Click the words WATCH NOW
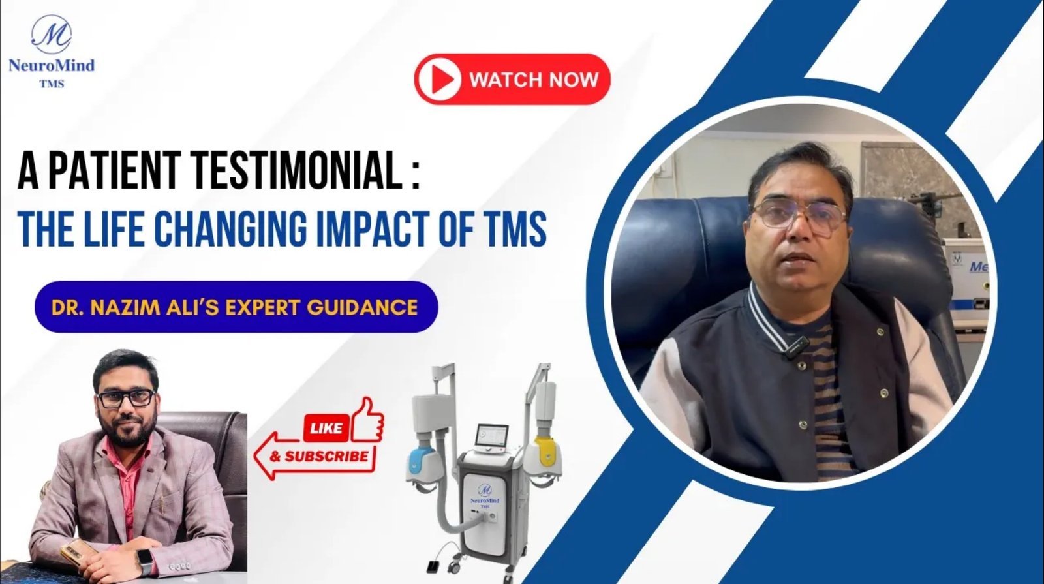(x=534, y=80)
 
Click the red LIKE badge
(x=326, y=427)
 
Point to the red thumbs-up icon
(x=368, y=420)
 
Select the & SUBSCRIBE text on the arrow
(x=319, y=455)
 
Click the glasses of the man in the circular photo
(x=798, y=219)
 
